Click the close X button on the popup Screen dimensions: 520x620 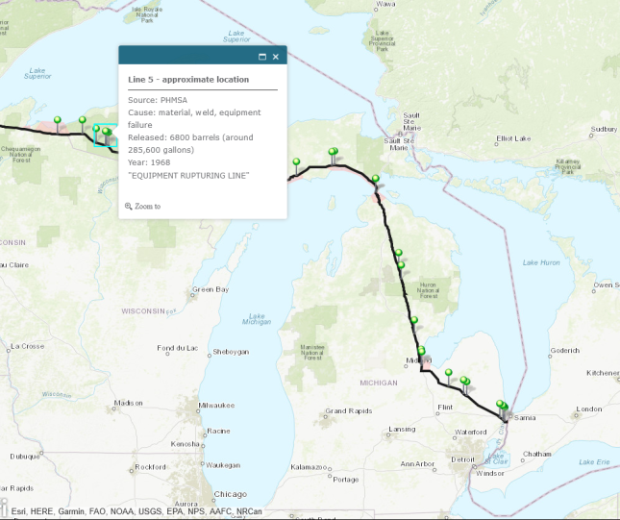(276, 57)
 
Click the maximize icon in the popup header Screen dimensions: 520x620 (261, 57)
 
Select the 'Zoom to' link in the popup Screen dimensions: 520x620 (147, 206)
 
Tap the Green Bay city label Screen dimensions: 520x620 (210, 289)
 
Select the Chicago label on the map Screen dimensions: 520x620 (230, 494)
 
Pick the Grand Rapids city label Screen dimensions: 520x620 (347, 411)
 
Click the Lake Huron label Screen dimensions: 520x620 (540, 262)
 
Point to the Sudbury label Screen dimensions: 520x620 (603, 129)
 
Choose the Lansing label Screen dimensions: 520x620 (402, 429)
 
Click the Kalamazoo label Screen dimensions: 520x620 (310, 467)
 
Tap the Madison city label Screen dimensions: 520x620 (128, 404)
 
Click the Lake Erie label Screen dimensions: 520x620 (593, 462)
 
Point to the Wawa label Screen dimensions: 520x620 (385, 4)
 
